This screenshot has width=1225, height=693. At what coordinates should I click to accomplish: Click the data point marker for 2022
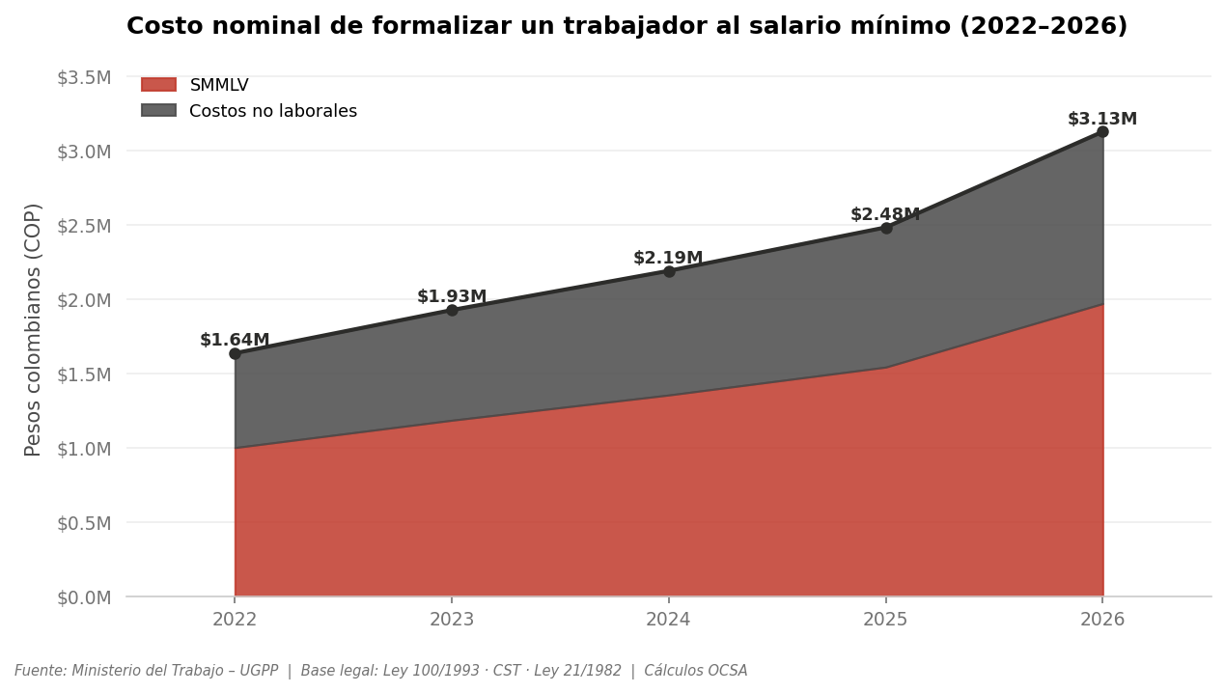tap(235, 353)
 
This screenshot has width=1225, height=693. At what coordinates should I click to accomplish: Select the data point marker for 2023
tap(452, 310)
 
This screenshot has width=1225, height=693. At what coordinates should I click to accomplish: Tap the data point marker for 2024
tap(669, 271)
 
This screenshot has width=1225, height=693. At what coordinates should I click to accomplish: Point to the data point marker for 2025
tap(886, 228)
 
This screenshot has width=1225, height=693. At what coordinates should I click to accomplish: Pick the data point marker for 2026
tap(1102, 131)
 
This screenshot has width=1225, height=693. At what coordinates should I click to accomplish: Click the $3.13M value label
tap(1102, 120)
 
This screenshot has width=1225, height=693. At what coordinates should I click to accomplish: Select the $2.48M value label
tap(885, 215)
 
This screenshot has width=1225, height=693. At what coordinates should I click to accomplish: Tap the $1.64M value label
tap(235, 341)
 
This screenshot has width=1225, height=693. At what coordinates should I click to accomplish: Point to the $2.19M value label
tap(668, 259)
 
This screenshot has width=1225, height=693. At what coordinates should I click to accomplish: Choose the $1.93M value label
tap(452, 297)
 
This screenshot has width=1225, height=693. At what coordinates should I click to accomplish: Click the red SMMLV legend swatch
tap(159, 85)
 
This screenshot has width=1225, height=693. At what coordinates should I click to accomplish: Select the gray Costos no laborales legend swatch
tap(159, 111)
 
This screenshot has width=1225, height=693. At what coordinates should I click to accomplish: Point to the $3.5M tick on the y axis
tap(84, 77)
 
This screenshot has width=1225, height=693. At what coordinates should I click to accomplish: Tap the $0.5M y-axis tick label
tap(84, 523)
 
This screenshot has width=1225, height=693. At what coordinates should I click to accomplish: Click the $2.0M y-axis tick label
tap(84, 300)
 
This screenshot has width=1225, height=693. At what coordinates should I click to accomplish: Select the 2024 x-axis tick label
tap(669, 620)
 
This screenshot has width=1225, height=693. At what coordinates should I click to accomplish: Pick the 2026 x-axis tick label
tap(1102, 620)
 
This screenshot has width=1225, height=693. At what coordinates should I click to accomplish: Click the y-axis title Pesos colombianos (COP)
tap(34, 329)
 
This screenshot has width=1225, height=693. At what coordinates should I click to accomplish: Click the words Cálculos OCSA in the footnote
tap(696, 671)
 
